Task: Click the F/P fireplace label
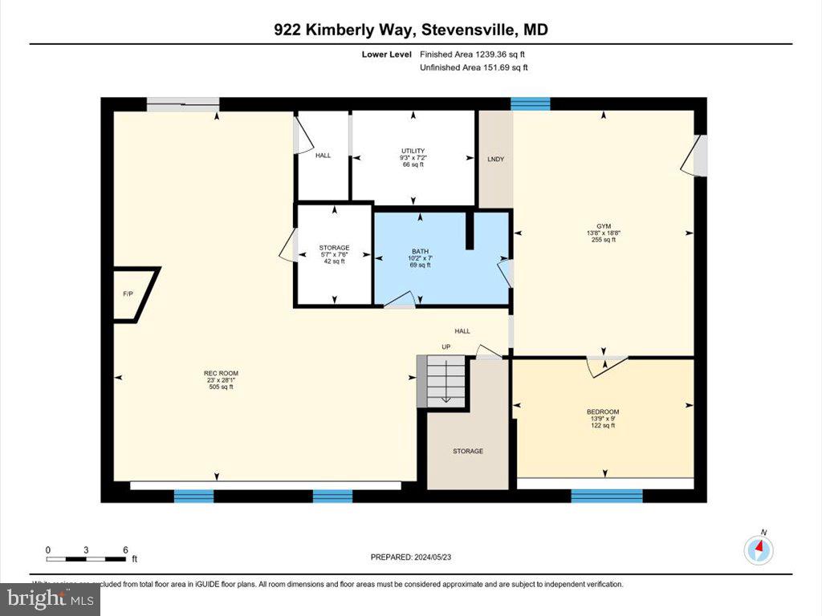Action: click(x=128, y=294)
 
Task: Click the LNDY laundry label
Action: click(x=495, y=159)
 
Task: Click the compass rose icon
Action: click(x=759, y=549)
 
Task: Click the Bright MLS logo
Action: click(x=50, y=598)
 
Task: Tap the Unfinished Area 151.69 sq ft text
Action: click(x=474, y=67)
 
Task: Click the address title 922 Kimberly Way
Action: click(x=411, y=30)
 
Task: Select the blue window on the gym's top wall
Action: click(x=531, y=103)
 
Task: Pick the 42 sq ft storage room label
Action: click(x=334, y=254)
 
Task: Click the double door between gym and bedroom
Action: click(x=606, y=363)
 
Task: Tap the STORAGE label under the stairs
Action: click(x=467, y=451)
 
